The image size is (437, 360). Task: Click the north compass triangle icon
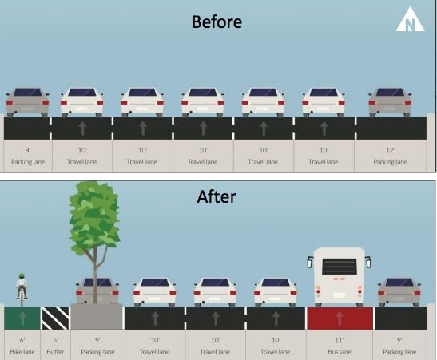coord(411,19)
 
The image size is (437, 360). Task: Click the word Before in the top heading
coord(217,22)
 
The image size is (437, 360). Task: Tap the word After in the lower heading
coord(217,196)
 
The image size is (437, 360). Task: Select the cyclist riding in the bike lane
coord(22,289)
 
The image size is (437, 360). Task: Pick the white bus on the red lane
coord(339,277)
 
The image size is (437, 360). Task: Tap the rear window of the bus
coord(340,266)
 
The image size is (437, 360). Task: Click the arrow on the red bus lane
coord(340,318)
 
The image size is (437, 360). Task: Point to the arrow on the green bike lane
coord(22,318)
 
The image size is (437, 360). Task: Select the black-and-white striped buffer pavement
coord(55,318)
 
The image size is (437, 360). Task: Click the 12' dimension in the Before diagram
coord(390,150)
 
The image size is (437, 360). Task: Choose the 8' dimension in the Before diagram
coord(28,150)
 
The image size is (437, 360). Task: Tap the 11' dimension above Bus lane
coord(339,340)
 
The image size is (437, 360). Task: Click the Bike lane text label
coord(22,352)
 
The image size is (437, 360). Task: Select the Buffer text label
coord(55,352)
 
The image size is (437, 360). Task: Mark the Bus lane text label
coord(340,352)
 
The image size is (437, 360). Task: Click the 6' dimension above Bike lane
coord(22,340)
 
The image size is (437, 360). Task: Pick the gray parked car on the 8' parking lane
coord(28,102)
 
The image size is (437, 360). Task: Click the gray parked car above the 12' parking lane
coord(390,102)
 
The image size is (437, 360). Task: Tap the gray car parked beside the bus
coord(399,292)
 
